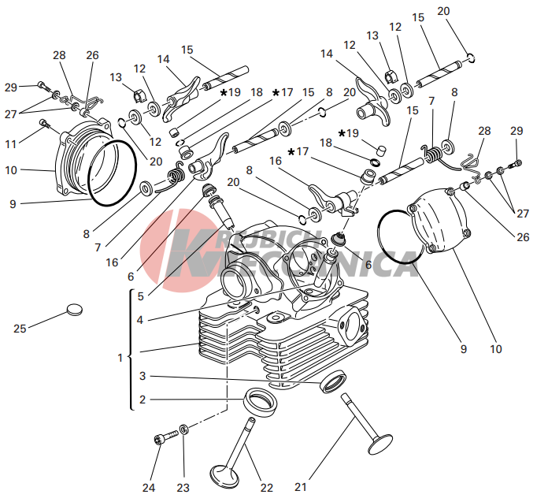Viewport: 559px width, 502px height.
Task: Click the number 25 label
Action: click(x=20, y=329)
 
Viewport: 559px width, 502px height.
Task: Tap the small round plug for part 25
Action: click(x=75, y=310)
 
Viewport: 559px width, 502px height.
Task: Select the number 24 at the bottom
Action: click(x=149, y=487)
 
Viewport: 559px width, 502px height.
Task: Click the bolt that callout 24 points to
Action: click(x=165, y=437)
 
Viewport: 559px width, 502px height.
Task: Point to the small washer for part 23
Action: click(x=184, y=429)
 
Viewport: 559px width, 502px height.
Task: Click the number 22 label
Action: click(x=266, y=487)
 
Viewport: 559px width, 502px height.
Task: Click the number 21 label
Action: click(x=301, y=486)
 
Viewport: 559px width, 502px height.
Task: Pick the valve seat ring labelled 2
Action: click(x=261, y=401)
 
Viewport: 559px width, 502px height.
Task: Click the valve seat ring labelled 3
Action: click(x=334, y=381)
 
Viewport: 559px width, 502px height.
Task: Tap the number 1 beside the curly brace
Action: click(x=120, y=358)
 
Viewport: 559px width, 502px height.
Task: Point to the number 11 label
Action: click(x=11, y=144)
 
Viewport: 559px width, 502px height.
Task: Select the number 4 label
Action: click(x=140, y=320)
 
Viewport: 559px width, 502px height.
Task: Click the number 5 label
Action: click(x=140, y=296)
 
